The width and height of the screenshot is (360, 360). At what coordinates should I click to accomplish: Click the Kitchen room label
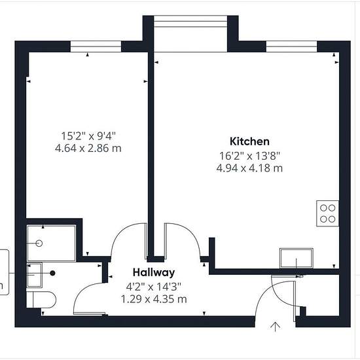pyautogui.click(x=249, y=141)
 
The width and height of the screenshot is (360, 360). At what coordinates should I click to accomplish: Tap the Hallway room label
pyautogui.click(x=154, y=272)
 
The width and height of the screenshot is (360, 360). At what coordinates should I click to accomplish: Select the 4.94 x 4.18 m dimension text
pyautogui.click(x=249, y=168)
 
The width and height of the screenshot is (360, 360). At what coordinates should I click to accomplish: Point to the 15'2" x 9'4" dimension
pyautogui.click(x=88, y=136)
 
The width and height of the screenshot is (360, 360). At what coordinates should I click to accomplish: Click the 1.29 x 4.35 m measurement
pyautogui.click(x=154, y=299)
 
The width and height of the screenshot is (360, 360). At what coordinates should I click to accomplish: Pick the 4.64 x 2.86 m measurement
pyautogui.click(x=88, y=149)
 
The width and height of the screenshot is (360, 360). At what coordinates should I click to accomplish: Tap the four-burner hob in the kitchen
pyautogui.click(x=327, y=213)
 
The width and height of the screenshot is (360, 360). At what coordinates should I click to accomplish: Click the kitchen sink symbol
pyautogui.click(x=297, y=258)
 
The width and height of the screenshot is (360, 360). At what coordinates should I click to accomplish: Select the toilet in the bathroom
pyautogui.click(x=41, y=299)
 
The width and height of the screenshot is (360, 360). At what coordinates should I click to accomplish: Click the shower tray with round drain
pyautogui.click(x=51, y=243)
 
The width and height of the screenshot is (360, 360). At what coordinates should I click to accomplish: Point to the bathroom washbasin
pyautogui.click(x=35, y=275)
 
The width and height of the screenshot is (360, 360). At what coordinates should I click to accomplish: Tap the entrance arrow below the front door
pyautogui.click(x=275, y=327)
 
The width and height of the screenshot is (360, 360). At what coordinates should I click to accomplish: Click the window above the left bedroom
pyautogui.click(x=96, y=46)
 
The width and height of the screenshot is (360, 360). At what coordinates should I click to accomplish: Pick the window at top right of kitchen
pyautogui.click(x=291, y=46)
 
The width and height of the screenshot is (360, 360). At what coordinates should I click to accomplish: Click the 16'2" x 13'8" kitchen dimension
pyautogui.click(x=250, y=156)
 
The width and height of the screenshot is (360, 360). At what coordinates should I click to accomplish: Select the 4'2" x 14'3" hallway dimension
pyautogui.click(x=154, y=287)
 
